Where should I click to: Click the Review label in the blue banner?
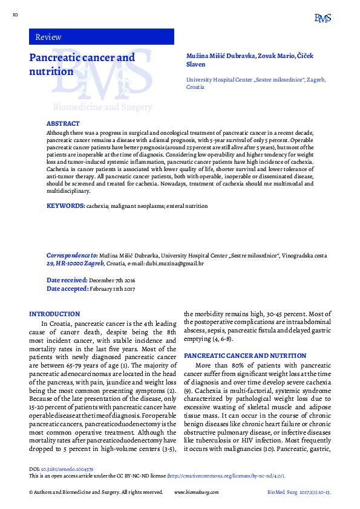click(x=48, y=37)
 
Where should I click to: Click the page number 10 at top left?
click(x=15, y=13)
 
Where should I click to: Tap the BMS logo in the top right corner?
click(x=322, y=18)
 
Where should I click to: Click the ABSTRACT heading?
click(x=63, y=123)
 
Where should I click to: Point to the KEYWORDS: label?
click(x=65, y=206)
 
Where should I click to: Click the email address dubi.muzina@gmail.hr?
click(x=181, y=264)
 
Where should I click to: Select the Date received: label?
click(x=67, y=280)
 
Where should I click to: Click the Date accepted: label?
click(x=67, y=289)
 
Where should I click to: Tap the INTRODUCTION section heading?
click(x=54, y=314)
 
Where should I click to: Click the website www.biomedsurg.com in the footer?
click(x=196, y=493)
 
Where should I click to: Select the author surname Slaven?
click(x=196, y=64)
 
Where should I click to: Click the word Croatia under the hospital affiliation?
click(x=195, y=87)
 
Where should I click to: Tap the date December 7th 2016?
click(x=113, y=280)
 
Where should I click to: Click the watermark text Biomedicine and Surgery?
click(x=102, y=107)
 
